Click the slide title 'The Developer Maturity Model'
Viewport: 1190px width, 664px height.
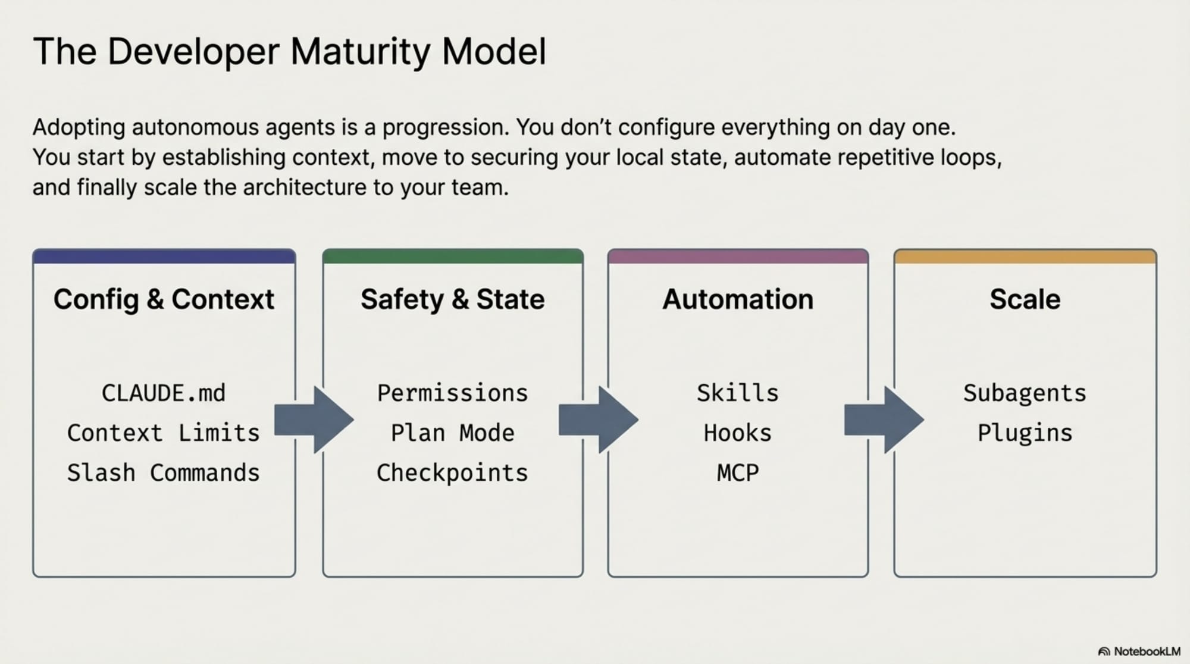[289, 52]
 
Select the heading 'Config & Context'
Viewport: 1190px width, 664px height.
[164, 299]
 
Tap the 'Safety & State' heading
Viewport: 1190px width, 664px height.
[452, 299]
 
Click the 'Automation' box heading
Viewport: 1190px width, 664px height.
[737, 299]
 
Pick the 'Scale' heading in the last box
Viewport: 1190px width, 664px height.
[1025, 299]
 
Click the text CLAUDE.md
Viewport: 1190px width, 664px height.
[164, 393]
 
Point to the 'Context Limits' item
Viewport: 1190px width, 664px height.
[164, 433]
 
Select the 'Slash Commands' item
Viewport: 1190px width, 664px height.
[164, 473]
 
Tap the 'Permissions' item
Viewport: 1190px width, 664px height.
[452, 393]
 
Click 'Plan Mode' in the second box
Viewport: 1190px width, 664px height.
[452, 433]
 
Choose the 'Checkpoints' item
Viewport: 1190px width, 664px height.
[452, 473]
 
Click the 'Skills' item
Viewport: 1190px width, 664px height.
[737, 393]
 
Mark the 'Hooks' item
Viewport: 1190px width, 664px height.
[737, 433]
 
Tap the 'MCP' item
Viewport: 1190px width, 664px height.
[737, 473]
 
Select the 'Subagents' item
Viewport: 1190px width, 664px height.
[1025, 393]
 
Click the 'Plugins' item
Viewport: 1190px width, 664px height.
[1025, 433]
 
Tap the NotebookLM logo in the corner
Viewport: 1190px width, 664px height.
[1139, 652]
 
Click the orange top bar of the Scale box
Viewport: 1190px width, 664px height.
[1025, 257]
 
